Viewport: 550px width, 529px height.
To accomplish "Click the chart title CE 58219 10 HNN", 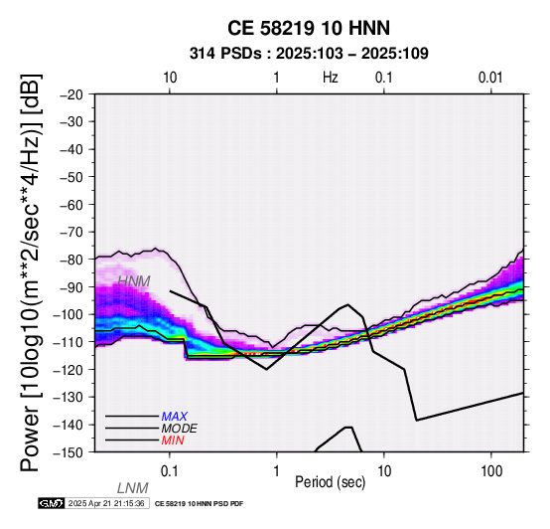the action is (309, 28).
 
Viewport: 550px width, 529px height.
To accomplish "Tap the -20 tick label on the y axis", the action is (71, 94).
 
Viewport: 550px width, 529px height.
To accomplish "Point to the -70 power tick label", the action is (71, 232).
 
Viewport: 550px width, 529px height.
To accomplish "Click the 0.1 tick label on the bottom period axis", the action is (170, 471).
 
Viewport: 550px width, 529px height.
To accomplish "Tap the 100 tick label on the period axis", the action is (491, 471).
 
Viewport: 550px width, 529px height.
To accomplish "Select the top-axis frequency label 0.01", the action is (491, 78).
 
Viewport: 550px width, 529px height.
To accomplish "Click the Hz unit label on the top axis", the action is (331, 78).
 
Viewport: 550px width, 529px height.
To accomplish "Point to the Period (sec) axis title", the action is (330, 482).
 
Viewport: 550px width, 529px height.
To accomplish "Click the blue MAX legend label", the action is (175, 417).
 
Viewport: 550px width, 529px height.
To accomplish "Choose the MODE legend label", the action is (180, 429).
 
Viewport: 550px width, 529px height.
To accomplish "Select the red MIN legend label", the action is (173, 441).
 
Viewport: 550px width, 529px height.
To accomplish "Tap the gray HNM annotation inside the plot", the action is (134, 281).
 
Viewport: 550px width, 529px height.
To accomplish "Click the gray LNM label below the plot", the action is (133, 488).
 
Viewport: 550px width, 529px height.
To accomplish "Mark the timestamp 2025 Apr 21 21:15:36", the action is (106, 503).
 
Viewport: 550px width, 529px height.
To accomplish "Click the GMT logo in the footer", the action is (52, 503).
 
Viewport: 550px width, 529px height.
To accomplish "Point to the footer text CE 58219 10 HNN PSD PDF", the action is (199, 504).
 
